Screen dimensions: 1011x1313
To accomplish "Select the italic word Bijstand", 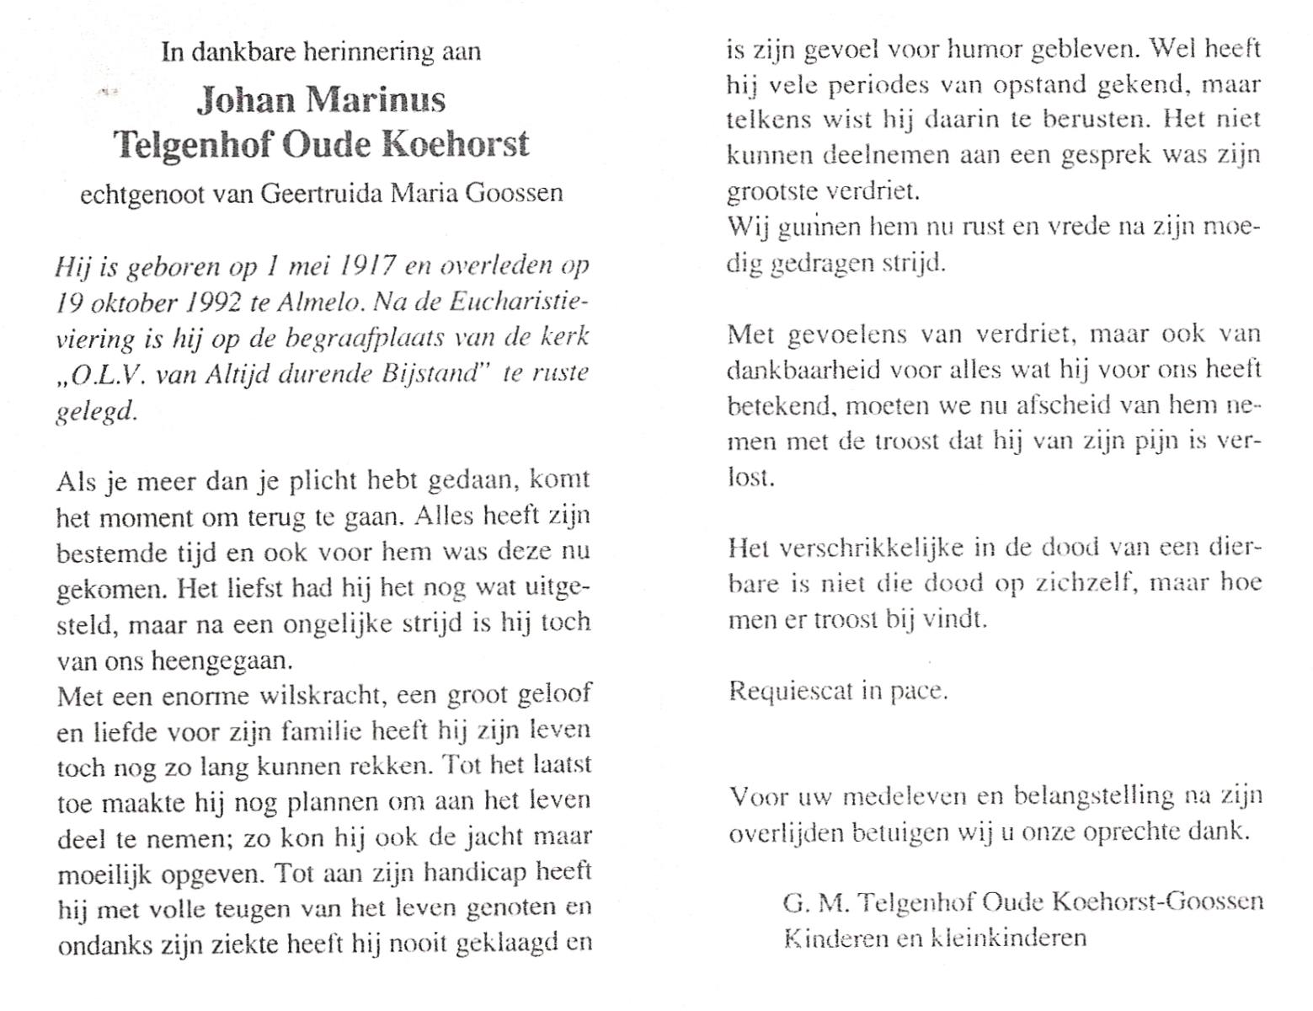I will point(438,373).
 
